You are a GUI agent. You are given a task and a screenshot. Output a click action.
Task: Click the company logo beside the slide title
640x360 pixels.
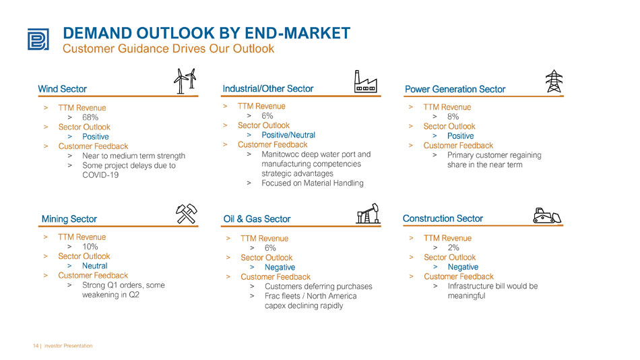pyautogui.click(x=38, y=39)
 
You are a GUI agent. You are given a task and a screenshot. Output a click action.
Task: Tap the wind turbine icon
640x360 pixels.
pyautogui.click(x=185, y=81)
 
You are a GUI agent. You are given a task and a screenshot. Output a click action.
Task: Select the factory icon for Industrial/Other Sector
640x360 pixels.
pyautogui.click(x=365, y=82)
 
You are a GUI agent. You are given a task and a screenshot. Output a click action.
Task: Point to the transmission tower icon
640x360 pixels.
pyautogui.click(x=554, y=81)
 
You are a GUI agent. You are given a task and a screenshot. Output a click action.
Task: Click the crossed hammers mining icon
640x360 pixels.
pyautogui.click(x=187, y=214)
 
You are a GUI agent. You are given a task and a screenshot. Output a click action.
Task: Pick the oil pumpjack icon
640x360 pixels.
pyautogui.click(x=368, y=213)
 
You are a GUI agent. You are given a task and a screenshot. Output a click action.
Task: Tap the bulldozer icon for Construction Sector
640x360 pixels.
pyautogui.click(x=547, y=215)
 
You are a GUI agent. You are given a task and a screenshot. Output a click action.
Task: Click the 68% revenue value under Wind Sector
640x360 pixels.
pyautogui.click(x=90, y=117)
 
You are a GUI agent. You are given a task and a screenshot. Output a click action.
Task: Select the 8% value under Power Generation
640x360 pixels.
pyautogui.click(x=453, y=117)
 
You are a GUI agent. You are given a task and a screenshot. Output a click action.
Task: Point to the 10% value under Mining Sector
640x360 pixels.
pyautogui.click(x=90, y=246)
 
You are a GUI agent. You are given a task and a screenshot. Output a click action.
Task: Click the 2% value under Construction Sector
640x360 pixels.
pyautogui.click(x=453, y=247)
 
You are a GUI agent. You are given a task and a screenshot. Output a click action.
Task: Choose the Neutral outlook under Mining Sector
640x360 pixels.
pyautogui.click(x=95, y=266)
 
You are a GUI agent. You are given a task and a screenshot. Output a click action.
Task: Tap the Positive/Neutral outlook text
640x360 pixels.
pyautogui.click(x=288, y=135)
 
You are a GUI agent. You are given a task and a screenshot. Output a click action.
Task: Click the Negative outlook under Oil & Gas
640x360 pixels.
pyautogui.click(x=280, y=267)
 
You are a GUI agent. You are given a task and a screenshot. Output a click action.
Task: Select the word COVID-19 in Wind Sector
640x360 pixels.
pyautogui.click(x=100, y=175)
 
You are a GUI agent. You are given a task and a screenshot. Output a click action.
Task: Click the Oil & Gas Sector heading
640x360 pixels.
pyautogui.click(x=257, y=219)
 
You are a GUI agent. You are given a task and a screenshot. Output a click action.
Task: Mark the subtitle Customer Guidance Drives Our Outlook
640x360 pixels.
pyautogui.click(x=168, y=49)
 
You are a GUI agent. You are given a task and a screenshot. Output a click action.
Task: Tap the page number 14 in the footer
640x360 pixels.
pyautogui.click(x=36, y=346)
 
